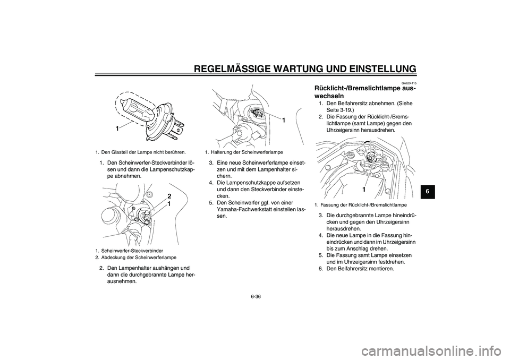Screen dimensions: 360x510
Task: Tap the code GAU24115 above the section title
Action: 409,83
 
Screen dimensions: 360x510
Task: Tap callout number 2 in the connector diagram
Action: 169,196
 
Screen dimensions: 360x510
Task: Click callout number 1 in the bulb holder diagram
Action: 283,121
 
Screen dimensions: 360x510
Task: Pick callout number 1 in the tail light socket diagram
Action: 364,190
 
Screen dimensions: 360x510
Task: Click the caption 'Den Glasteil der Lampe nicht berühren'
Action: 143,152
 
